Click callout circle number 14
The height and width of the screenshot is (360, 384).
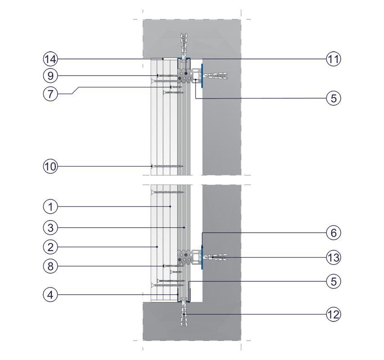(50, 59)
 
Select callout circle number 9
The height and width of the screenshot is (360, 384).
(50, 76)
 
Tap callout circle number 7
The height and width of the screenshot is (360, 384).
(50, 94)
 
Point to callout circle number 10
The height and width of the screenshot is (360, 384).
(50, 166)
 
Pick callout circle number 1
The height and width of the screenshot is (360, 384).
(50, 207)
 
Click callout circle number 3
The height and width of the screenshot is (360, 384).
(50, 228)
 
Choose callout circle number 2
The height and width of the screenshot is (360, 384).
(50, 247)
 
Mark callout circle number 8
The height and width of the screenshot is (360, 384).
(50, 266)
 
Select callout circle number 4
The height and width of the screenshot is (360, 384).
(50, 295)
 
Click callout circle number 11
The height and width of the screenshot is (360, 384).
(334, 59)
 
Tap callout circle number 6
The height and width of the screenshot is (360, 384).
(334, 233)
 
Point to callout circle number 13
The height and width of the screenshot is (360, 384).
(334, 257)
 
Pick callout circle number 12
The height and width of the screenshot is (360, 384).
(334, 314)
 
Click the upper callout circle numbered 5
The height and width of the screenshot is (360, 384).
(334, 98)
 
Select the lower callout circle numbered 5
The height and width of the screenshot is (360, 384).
(334, 281)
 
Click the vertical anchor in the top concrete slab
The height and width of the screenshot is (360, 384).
(184, 46)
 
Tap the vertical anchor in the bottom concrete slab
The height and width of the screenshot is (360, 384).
(184, 314)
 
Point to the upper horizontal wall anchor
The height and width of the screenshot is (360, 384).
(216, 76)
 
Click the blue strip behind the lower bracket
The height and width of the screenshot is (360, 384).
(202, 257)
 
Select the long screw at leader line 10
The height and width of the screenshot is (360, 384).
(168, 166)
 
